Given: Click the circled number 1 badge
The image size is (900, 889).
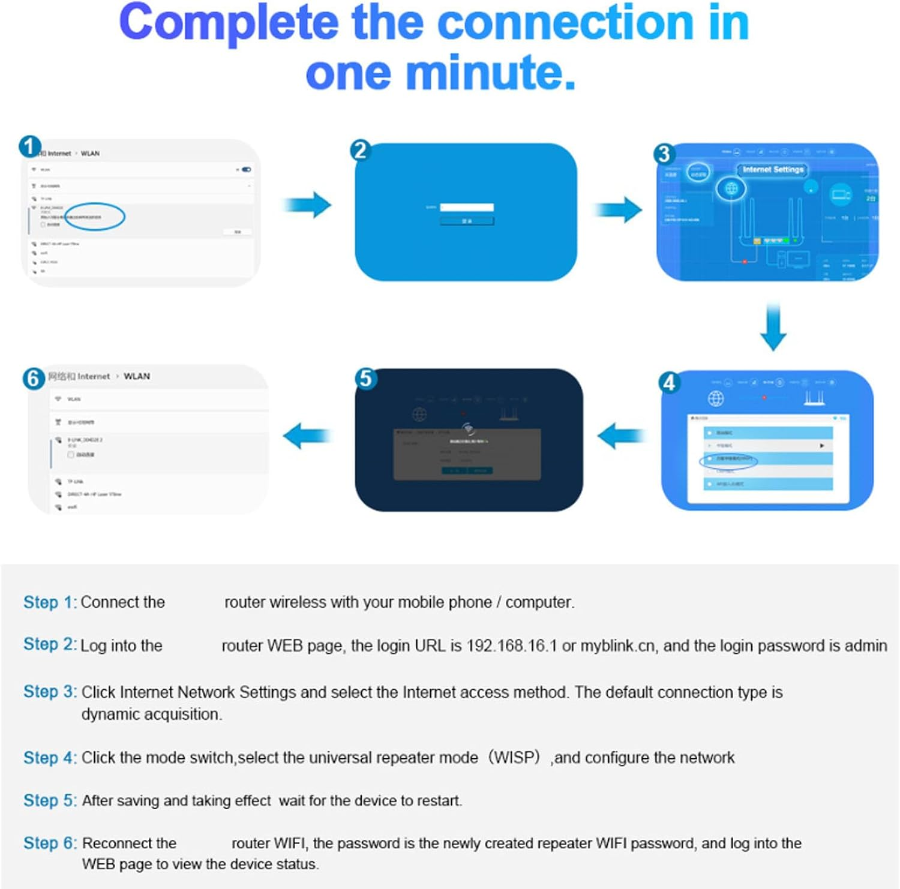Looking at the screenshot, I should click(x=30, y=146).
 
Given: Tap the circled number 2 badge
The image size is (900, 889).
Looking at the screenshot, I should click(x=360, y=150).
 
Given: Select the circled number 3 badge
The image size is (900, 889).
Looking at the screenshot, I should click(x=664, y=154).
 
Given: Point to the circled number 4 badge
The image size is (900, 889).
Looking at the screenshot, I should click(x=669, y=382).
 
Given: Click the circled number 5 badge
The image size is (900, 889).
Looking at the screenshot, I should click(x=365, y=379).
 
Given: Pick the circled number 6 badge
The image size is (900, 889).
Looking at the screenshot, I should click(x=34, y=379).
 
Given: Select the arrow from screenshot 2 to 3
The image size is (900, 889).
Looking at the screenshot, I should click(x=617, y=209).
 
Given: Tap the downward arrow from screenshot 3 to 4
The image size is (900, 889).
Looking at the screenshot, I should click(x=773, y=327).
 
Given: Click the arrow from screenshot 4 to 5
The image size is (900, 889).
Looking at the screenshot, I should click(x=621, y=436).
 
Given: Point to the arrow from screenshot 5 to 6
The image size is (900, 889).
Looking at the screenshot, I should click(x=307, y=436).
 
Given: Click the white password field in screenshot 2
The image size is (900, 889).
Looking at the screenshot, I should click(x=467, y=207).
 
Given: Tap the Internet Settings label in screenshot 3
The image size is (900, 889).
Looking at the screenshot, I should click(x=773, y=170).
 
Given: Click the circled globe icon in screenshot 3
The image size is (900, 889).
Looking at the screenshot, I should click(x=731, y=188).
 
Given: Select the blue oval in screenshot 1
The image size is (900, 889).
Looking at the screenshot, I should click(x=95, y=217).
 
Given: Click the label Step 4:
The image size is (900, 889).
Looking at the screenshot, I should click(x=50, y=758).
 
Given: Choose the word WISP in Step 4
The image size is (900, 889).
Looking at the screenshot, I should click(x=515, y=757).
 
